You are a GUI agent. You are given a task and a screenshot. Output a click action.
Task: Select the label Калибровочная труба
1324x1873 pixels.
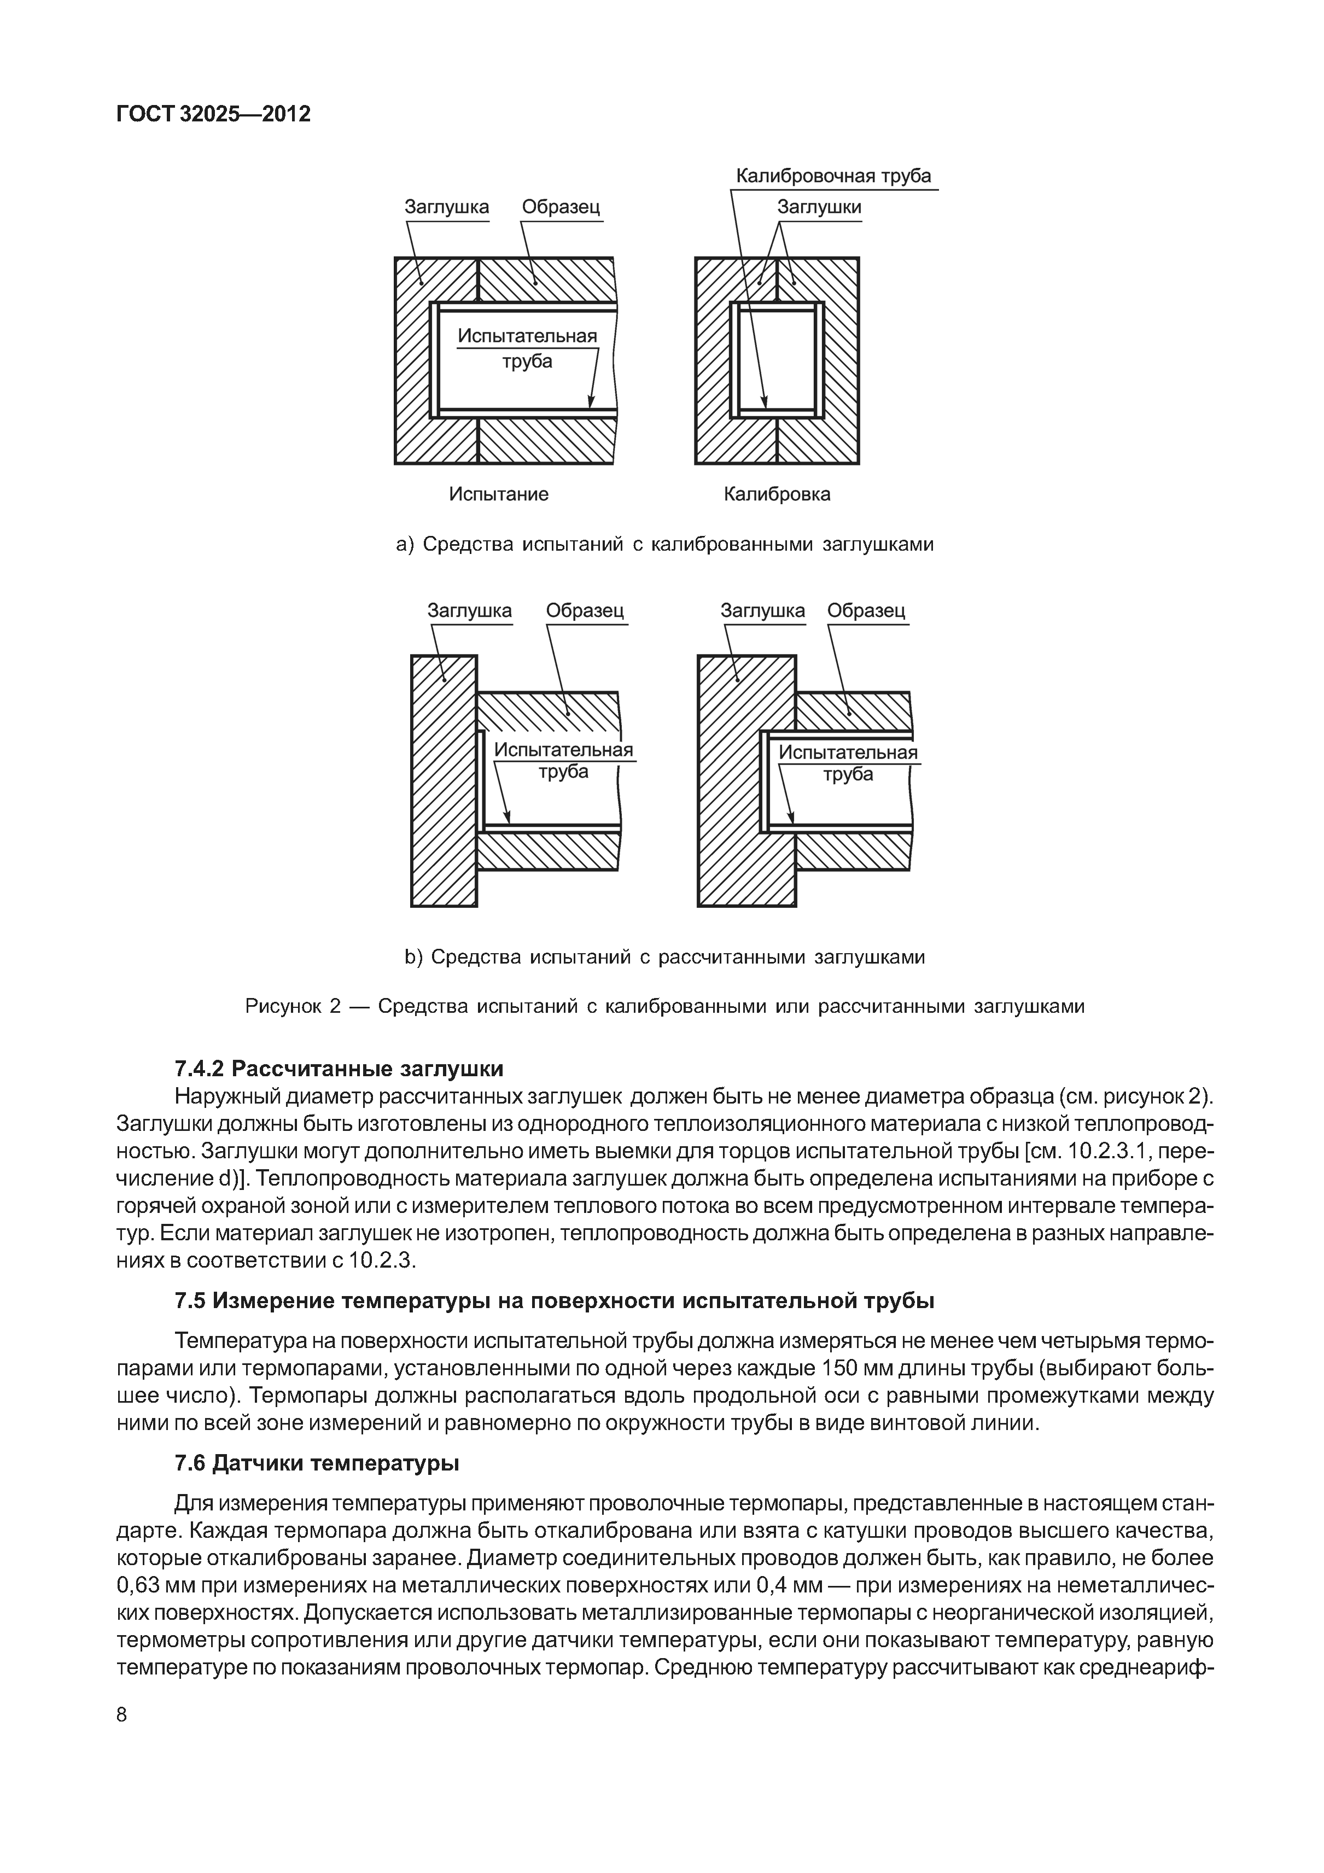click(x=833, y=176)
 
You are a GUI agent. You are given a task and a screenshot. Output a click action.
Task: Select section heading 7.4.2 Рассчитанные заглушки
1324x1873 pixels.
click(x=340, y=1068)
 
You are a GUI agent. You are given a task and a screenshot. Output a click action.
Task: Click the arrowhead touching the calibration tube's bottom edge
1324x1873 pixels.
click(x=765, y=402)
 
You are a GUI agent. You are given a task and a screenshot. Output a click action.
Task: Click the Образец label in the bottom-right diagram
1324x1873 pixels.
click(x=866, y=610)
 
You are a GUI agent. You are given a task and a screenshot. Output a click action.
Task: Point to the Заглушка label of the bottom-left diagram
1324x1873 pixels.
click(x=469, y=610)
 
